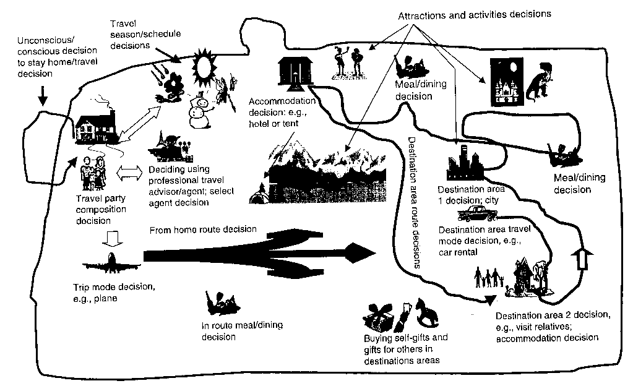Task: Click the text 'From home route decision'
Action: [x=203, y=230]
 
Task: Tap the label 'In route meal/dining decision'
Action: [x=230, y=331]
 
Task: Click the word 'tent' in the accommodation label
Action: [x=289, y=124]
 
